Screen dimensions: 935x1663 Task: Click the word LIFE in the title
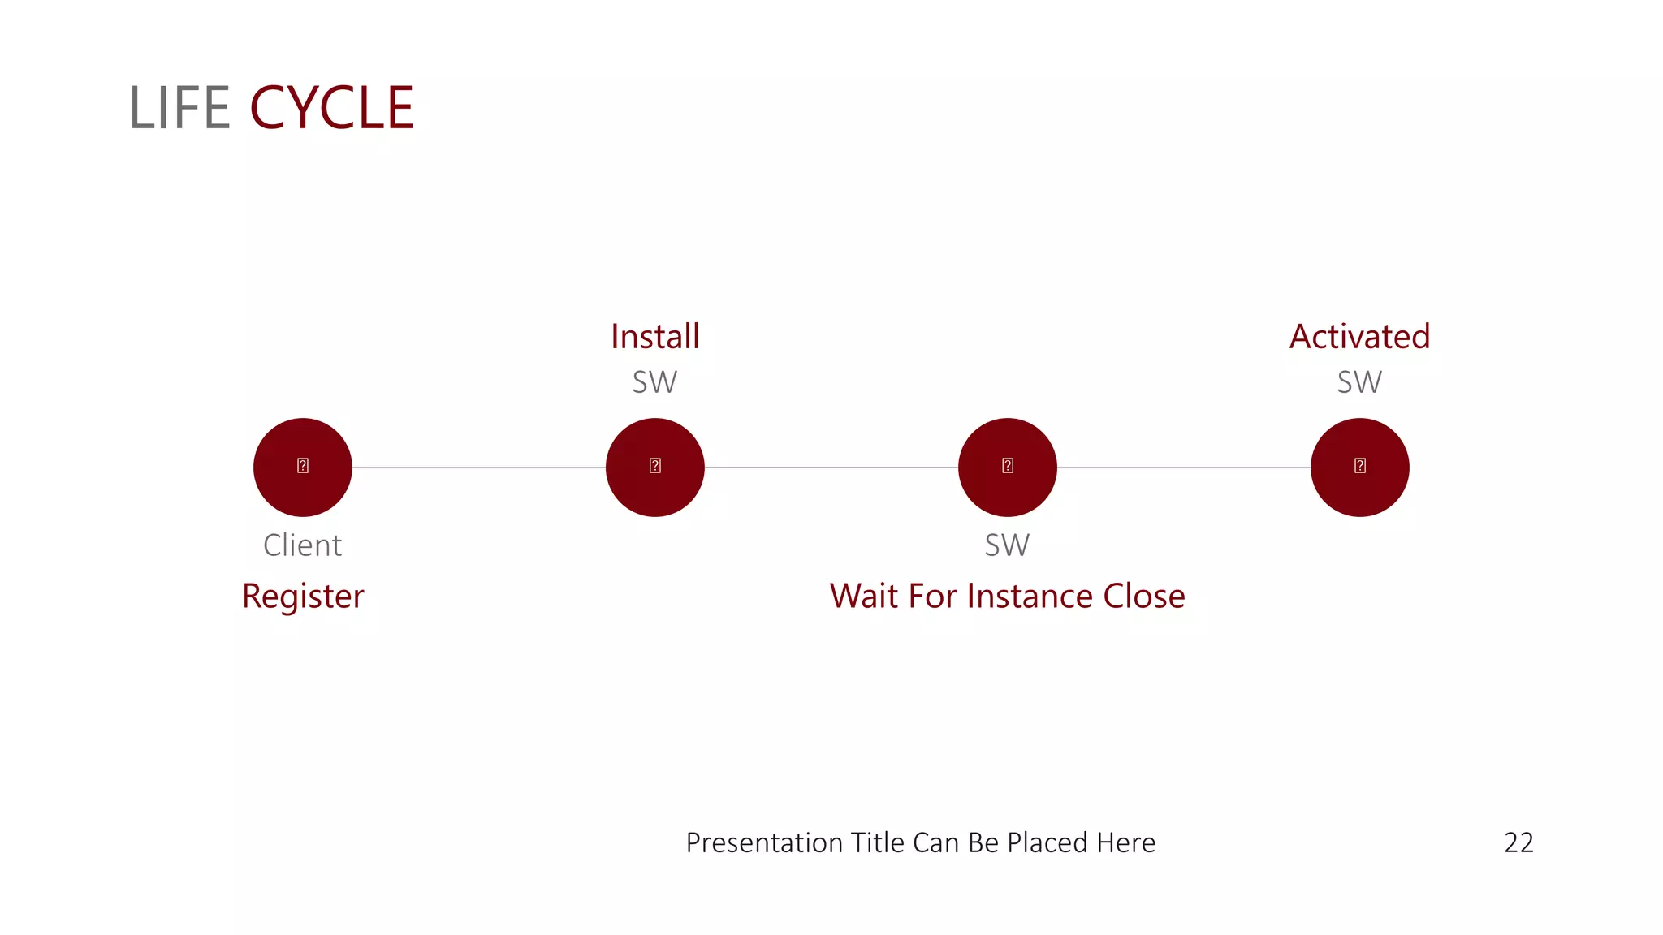(179, 108)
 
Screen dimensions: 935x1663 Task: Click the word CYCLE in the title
(331, 108)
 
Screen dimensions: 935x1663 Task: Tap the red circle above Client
(303, 467)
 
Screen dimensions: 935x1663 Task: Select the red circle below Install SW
(655, 467)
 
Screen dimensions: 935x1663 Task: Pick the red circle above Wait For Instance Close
(1008, 467)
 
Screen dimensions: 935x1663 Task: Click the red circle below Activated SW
(1360, 467)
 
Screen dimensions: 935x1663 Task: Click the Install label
(655, 337)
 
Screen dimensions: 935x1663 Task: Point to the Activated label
(1360, 337)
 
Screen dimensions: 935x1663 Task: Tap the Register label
(303, 597)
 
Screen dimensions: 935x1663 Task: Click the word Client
(303, 545)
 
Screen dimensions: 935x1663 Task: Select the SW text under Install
(655, 382)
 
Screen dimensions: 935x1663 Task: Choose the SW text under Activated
(1360, 382)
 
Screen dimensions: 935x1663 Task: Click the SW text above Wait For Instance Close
(1008, 545)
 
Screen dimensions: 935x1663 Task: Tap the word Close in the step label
(1144, 597)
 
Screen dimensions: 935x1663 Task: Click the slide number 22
(1518, 843)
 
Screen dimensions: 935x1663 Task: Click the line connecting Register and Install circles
(479, 467)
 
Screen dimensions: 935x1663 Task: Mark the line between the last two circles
(1184, 467)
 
